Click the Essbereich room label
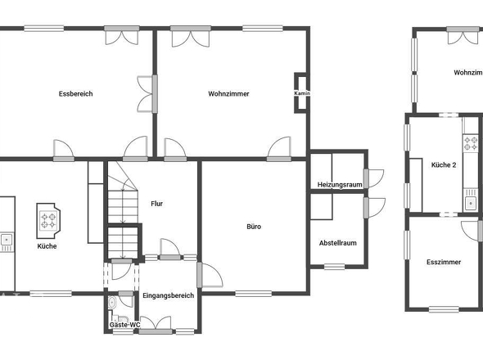(76, 93)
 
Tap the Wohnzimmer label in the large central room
(228, 93)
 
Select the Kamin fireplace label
(302, 93)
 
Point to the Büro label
(254, 227)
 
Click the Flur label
(157, 204)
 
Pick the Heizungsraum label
(340, 185)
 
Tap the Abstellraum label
(338, 243)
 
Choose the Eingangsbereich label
(169, 295)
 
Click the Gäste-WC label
(124, 325)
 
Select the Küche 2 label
(444, 164)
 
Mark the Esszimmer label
(444, 262)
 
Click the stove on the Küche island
(48, 221)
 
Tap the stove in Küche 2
(471, 143)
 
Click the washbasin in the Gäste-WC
(111, 303)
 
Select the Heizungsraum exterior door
(373, 178)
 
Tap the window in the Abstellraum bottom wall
(335, 267)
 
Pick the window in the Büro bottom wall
(254, 294)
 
